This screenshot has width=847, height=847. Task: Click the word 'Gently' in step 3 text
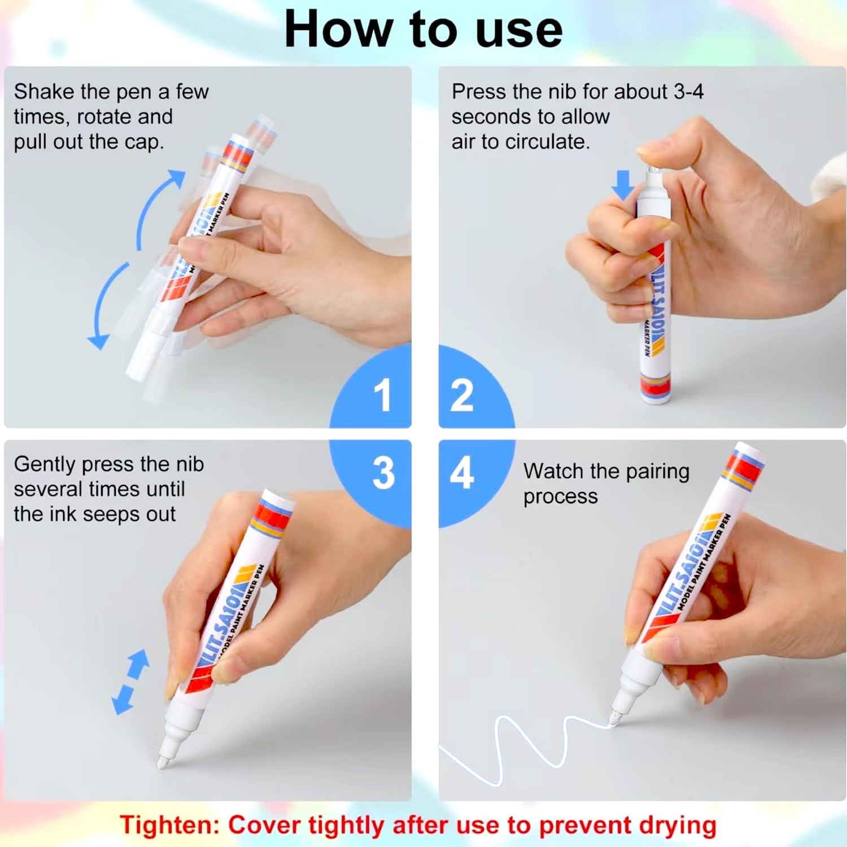[45, 465]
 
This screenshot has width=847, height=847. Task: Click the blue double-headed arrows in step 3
[130, 682]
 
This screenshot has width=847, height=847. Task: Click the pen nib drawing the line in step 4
[614, 719]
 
